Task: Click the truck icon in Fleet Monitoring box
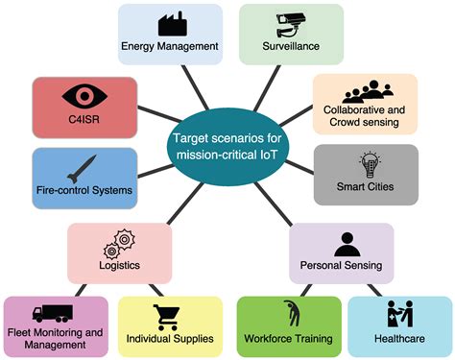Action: click(x=53, y=312)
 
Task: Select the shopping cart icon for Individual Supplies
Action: click(x=167, y=314)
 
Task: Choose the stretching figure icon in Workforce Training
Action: click(x=289, y=313)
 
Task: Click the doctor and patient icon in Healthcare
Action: click(x=398, y=314)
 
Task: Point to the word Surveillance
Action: click(x=291, y=44)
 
